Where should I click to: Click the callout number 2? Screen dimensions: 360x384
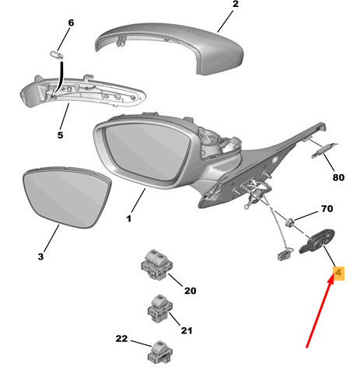tap(236, 4)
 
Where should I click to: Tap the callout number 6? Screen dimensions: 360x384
tap(71, 23)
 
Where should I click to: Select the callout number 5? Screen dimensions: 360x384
tap(60, 135)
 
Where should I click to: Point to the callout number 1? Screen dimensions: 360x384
tap(129, 218)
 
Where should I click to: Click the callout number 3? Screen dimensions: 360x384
tap(40, 257)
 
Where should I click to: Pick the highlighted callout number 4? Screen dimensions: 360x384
tap(338, 273)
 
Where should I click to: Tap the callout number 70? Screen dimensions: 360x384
tap(327, 208)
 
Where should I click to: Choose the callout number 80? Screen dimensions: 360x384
tap(338, 177)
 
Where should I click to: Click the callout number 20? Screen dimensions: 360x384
tap(190, 291)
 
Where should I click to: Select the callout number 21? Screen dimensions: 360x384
tap(187, 330)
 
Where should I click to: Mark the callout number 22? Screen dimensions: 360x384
tap(121, 338)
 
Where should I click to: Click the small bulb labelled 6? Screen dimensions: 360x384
tap(57, 55)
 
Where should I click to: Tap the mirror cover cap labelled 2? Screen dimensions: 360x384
tap(170, 48)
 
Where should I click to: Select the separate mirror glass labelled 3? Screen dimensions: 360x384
tap(67, 197)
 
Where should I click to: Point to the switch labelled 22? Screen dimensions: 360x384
tap(160, 352)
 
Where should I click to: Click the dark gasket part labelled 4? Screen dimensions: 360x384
tap(317, 242)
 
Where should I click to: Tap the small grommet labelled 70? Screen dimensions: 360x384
tap(290, 222)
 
